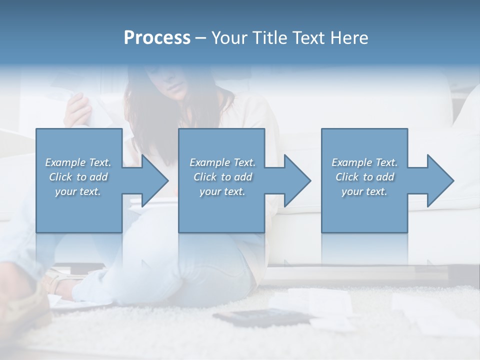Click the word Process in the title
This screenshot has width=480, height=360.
pyautogui.click(x=157, y=38)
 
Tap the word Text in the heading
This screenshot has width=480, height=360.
pyautogui.click(x=309, y=38)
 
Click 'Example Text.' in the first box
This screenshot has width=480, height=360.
pyautogui.click(x=78, y=162)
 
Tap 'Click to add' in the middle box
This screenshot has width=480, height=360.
pyautogui.click(x=222, y=177)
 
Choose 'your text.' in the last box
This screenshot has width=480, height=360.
pyautogui.click(x=364, y=191)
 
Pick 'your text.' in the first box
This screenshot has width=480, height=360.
pyautogui.click(x=78, y=191)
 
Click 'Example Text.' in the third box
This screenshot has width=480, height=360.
pyautogui.click(x=364, y=162)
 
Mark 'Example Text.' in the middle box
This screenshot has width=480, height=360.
pyautogui.click(x=222, y=162)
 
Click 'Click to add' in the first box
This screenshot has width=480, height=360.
pyautogui.click(x=78, y=177)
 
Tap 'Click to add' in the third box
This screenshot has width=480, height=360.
pyautogui.click(x=364, y=177)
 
